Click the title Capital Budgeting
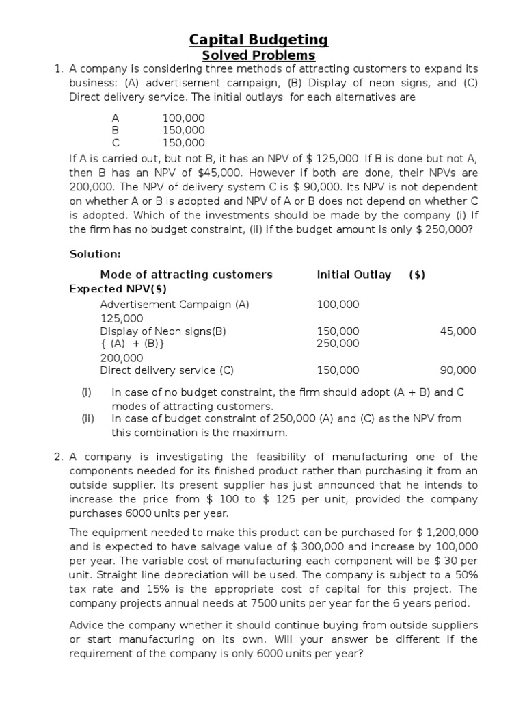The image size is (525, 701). click(258, 40)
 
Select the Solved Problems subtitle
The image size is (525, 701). click(258, 55)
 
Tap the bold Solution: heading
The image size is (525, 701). click(95, 254)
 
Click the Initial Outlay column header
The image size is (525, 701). click(353, 275)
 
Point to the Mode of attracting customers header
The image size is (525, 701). click(186, 275)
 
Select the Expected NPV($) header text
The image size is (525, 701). click(118, 289)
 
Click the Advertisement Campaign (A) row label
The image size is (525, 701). click(174, 304)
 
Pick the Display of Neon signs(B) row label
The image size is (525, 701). click(163, 331)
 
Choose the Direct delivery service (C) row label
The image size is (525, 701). click(167, 370)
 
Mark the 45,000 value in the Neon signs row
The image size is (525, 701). click(458, 331)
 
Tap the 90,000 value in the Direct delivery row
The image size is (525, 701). click(458, 370)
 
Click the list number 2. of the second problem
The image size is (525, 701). click(59, 457)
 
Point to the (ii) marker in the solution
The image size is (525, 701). click(87, 418)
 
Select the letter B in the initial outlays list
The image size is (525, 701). click(116, 130)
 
